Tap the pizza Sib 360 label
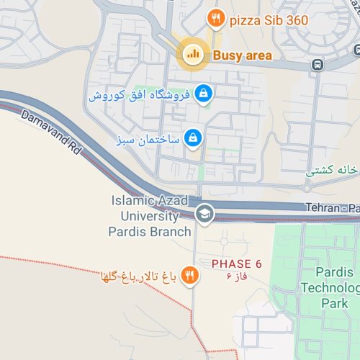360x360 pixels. pos(269,20)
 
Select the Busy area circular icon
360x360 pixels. pos(192,53)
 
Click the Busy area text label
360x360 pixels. pos(242,55)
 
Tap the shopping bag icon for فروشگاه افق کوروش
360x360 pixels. pos(204,94)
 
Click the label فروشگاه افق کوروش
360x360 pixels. pos(140,95)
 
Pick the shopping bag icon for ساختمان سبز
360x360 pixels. pos(192,137)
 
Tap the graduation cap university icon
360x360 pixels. pos(204,215)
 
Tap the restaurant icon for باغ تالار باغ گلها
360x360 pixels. pos(189,276)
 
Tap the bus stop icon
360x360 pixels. pos(318,65)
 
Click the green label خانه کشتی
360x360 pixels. pos(332,171)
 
